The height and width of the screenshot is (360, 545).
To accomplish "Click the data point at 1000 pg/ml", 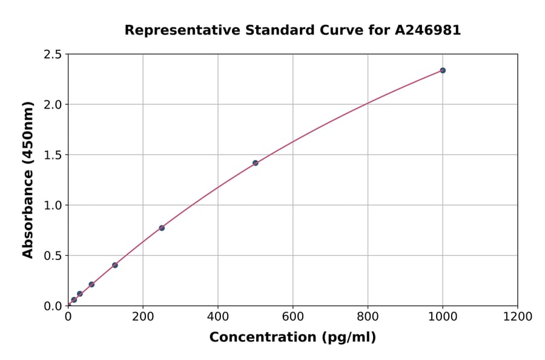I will point(443,70).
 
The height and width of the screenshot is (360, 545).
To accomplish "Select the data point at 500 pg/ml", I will point(255,163).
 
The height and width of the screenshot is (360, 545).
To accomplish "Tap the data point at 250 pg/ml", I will point(162,228).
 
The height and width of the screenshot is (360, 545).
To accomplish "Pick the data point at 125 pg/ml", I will point(115,265).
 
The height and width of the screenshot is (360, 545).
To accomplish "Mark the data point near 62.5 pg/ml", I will point(91,284).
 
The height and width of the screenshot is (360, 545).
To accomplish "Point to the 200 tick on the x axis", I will point(143,316).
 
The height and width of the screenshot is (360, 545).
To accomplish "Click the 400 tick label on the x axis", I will point(218,316).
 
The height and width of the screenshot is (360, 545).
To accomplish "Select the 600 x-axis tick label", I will point(292,316).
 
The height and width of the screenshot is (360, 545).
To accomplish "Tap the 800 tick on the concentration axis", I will point(368,316).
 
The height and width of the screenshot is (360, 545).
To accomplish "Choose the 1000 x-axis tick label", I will point(443,316).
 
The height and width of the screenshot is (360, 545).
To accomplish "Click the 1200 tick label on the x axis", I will point(518,316).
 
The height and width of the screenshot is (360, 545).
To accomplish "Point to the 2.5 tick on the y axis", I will point(53,55).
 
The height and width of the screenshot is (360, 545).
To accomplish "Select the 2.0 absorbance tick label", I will point(53,105).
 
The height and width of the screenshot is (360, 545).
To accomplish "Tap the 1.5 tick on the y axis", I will point(53,155).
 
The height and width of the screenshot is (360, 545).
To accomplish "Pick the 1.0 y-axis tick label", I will point(53,205).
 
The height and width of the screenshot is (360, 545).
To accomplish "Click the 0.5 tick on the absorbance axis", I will point(53,256).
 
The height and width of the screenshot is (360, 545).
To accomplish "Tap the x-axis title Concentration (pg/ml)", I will point(292,338).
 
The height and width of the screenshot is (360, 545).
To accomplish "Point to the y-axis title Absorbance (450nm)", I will point(28,180).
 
